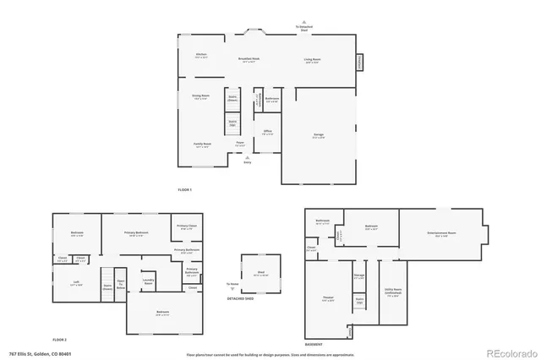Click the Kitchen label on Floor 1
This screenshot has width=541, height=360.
[201, 57]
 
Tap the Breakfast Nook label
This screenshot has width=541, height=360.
[249, 60]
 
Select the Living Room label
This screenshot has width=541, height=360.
[313, 60]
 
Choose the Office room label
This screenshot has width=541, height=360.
[267, 132]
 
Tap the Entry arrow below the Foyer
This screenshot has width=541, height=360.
[248, 161]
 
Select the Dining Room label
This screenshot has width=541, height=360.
[200, 97]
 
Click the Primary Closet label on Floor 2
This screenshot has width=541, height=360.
[187, 227]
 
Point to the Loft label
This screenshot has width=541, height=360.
[75, 285]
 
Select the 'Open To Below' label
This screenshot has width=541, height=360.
[121, 285]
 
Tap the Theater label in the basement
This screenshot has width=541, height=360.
[327, 297]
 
